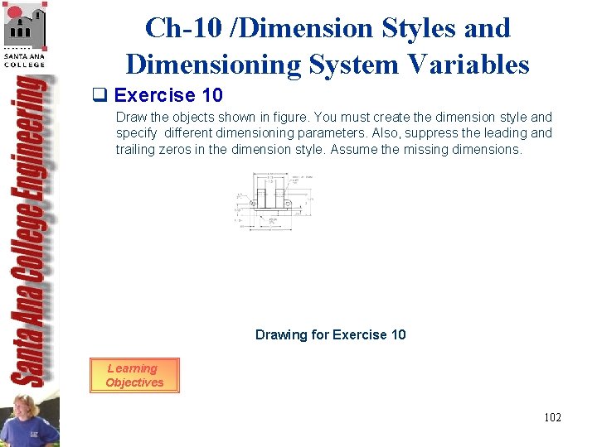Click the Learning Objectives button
134,375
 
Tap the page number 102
552,417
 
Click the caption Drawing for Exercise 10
330,334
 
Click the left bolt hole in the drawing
253,203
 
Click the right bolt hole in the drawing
287,203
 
